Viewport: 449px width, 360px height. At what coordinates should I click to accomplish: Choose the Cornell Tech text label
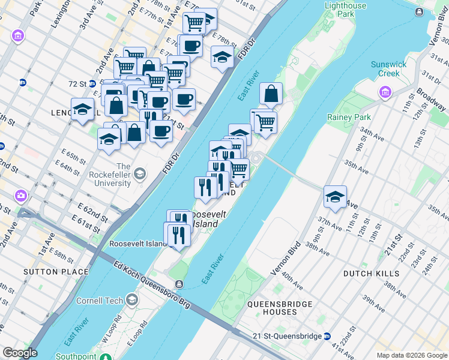[100, 301]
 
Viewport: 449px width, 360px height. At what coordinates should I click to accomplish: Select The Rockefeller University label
[123, 175]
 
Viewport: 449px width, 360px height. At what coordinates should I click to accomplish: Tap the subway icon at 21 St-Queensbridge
[327, 335]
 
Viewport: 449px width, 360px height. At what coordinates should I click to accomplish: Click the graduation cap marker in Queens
[335, 196]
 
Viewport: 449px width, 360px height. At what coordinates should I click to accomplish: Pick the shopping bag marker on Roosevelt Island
[271, 94]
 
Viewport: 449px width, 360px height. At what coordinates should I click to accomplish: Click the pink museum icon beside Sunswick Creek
[384, 92]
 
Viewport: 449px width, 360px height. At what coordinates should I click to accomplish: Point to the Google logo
[20, 353]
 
